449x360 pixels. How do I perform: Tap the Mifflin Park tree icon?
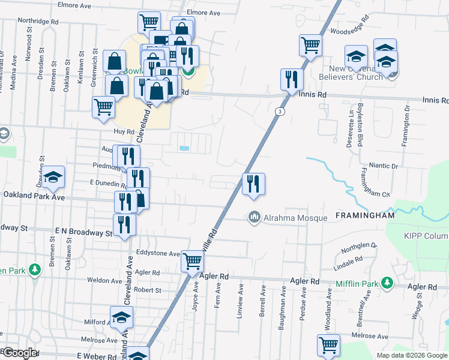pos(388,281)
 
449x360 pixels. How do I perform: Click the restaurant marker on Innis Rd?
pos(292,79)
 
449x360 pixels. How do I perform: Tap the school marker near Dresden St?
pos(53,176)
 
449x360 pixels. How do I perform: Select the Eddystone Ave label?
pos(158,254)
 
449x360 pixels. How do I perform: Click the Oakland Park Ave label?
pos(34,196)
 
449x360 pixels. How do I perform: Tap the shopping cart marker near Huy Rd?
pos(104,107)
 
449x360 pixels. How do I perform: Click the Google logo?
pos(20,353)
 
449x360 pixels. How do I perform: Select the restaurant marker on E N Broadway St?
pos(125,224)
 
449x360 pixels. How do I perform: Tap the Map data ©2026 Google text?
pos(411,355)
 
